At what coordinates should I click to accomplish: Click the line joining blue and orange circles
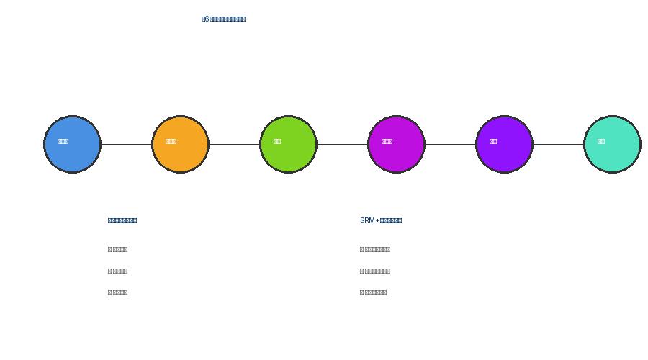pos(126,145)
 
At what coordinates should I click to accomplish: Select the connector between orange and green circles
pos(234,145)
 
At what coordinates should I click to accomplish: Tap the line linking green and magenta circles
pos(342,145)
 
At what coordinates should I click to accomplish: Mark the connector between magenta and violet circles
pos(450,145)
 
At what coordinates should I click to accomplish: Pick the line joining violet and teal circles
pos(558,145)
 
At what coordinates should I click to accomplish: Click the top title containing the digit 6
pos(223,19)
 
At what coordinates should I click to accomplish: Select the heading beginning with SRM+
pos(381,220)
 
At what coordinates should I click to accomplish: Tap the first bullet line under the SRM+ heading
pos(375,249)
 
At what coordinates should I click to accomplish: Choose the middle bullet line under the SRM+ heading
pos(375,271)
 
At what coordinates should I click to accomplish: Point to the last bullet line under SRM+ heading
pos(373,292)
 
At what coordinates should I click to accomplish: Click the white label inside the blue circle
pos(63,141)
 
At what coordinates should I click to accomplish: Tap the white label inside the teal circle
pos(601,141)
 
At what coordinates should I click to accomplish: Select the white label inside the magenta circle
pos(387,141)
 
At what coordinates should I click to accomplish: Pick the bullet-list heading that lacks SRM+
pos(122,220)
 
